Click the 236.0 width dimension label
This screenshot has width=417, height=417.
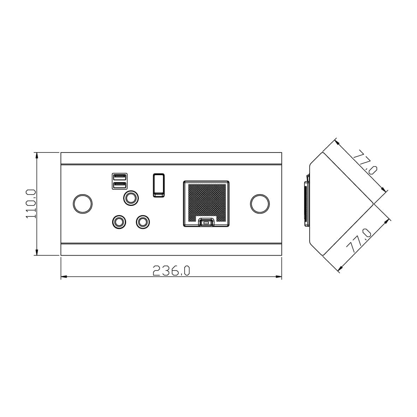pyautogui.click(x=171, y=271)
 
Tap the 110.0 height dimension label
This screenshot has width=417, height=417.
pyautogui.click(x=31, y=204)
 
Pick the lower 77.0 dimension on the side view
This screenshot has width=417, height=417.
pyautogui.click(x=358, y=241)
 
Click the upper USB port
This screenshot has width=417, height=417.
pyautogui.click(x=120, y=177)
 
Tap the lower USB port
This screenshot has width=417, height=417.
pyautogui.click(x=120, y=185)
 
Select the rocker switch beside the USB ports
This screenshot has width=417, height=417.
pyautogui.click(x=159, y=185)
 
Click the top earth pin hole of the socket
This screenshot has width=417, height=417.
pyautogui.click(x=131, y=198)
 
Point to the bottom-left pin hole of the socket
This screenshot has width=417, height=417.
pyautogui.click(x=119, y=222)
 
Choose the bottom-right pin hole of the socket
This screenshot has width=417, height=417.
pyautogui.click(x=143, y=222)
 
